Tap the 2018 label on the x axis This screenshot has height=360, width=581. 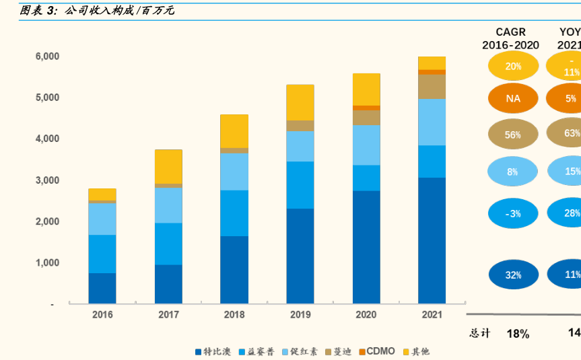click(x=234, y=314)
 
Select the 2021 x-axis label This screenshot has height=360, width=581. click(x=432, y=314)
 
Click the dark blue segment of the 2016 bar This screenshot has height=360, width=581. click(x=102, y=288)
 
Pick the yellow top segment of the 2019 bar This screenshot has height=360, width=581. click(x=300, y=102)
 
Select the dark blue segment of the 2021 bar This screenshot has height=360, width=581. click(x=432, y=240)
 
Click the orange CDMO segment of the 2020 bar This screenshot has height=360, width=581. click(x=366, y=108)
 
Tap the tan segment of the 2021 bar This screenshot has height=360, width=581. click(x=432, y=87)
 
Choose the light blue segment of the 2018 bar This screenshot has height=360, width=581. click(x=234, y=172)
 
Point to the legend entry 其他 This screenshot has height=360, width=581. click(x=416, y=351)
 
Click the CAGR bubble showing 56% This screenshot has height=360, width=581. click(x=513, y=135)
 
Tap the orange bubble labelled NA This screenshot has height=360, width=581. click(x=513, y=98)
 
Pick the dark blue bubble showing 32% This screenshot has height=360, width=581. click(x=513, y=275)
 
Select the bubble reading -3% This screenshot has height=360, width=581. click(x=513, y=213)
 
